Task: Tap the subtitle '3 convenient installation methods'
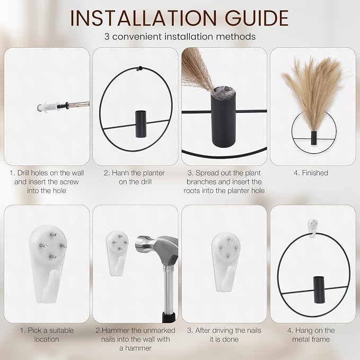click(x=180, y=37)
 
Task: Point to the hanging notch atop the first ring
click(x=139, y=68)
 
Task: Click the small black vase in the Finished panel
click(x=313, y=138)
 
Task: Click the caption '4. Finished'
click(x=311, y=173)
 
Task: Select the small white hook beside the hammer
click(x=117, y=252)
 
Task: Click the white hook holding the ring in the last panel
click(x=313, y=228)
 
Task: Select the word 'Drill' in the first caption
click(x=23, y=173)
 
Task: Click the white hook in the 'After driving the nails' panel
click(x=226, y=262)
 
